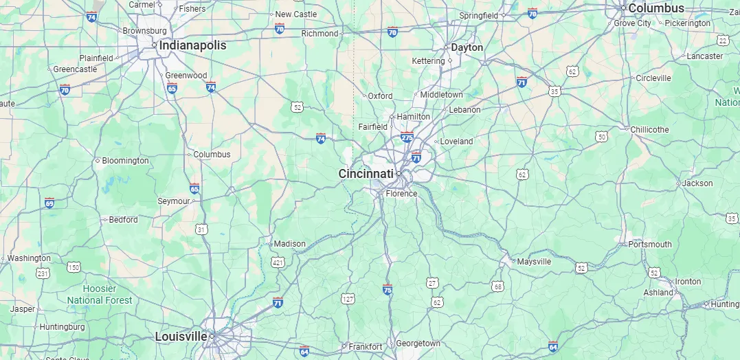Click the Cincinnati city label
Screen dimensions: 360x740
(366, 174)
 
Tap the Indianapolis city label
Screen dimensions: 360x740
(192, 45)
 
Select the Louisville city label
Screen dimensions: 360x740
(181, 337)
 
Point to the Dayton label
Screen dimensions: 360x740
(467, 47)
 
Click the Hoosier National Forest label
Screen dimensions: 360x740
(100, 295)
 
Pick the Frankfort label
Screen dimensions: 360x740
(365, 347)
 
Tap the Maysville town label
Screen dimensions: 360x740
(534, 262)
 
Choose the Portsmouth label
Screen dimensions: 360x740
(650, 245)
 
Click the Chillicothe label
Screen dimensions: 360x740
(649, 129)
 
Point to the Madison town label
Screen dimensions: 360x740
(289, 244)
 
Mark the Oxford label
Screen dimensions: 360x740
(380, 96)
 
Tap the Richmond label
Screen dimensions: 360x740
(320, 33)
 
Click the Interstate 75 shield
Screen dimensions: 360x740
(388, 289)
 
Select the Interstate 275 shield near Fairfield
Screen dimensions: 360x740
(407, 137)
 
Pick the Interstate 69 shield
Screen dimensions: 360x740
(49, 203)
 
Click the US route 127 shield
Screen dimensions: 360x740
(348, 298)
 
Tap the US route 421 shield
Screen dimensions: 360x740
(278, 262)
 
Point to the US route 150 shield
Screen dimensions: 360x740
(74, 267)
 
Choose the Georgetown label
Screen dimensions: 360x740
(418, 344)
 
